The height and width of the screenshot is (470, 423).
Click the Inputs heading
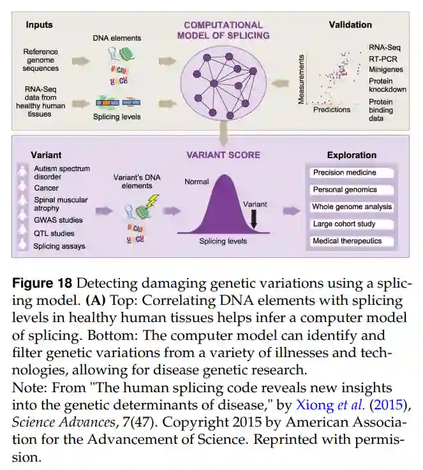39,26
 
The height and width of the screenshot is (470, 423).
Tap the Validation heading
350,26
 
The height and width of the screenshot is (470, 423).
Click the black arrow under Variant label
253,220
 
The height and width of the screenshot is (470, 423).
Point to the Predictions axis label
332,110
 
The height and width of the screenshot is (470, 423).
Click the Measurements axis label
301,79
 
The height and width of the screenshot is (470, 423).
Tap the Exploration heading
352,155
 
